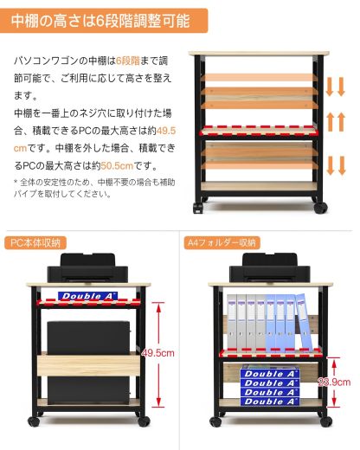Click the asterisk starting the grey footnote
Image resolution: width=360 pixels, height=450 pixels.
pos(16,182)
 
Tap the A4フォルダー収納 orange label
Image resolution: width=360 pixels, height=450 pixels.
pos(221,242)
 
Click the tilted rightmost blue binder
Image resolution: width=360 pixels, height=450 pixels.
pos(302,322)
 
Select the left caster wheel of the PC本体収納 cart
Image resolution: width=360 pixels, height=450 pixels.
pos(35,420)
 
